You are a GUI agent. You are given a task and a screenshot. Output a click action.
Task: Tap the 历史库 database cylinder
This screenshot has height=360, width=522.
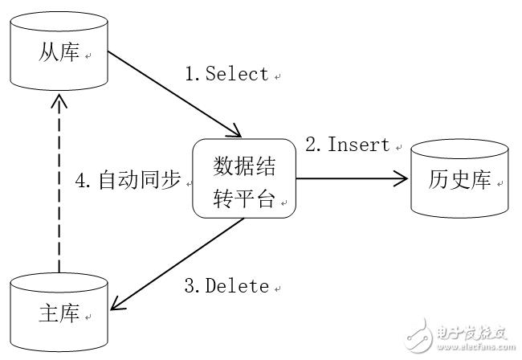(x=459, y=179)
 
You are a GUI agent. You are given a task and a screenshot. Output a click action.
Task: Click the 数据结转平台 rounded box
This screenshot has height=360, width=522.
(x=243, y=178)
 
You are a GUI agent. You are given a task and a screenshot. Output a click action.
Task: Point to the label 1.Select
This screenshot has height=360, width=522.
(x=226, y=75)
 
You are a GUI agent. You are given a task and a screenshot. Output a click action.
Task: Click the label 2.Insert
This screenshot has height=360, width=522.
(x=347, y=145)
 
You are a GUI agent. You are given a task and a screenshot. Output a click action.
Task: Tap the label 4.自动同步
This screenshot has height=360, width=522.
(x=128, y=180)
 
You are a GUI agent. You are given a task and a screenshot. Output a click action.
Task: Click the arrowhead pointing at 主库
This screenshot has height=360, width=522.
(x=119, y=304)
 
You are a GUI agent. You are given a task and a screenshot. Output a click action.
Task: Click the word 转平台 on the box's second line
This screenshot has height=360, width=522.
(x=243, y=198)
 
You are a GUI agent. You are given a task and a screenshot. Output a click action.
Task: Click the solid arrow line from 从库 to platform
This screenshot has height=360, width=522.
(x=173, y=93)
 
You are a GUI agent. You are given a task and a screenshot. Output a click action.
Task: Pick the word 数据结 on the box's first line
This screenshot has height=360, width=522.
(x=243, y=165)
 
